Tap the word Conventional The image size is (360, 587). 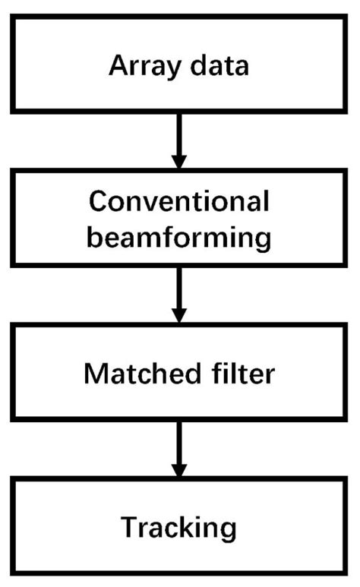(179, 202)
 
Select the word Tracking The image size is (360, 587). (179, 526)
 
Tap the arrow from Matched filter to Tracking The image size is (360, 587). (179, 448)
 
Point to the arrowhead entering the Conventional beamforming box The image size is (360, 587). (179, 161)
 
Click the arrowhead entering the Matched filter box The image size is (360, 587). (179, 315)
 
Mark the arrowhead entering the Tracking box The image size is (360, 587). (179, 470)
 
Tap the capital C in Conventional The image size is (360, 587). (99, 202)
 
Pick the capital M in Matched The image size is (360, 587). (96, 373)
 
